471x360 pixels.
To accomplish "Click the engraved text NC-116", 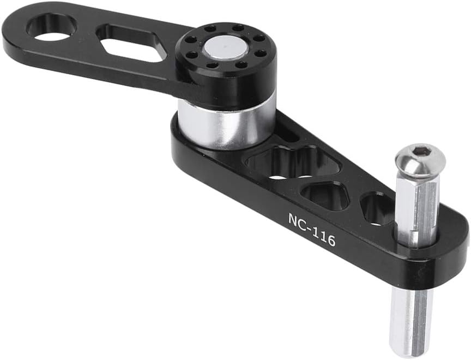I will (311, 230).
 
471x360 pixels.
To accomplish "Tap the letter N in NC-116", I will (292, 219).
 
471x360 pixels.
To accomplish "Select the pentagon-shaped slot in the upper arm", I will (131, 42).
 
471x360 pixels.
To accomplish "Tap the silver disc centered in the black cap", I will (226, 50).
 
